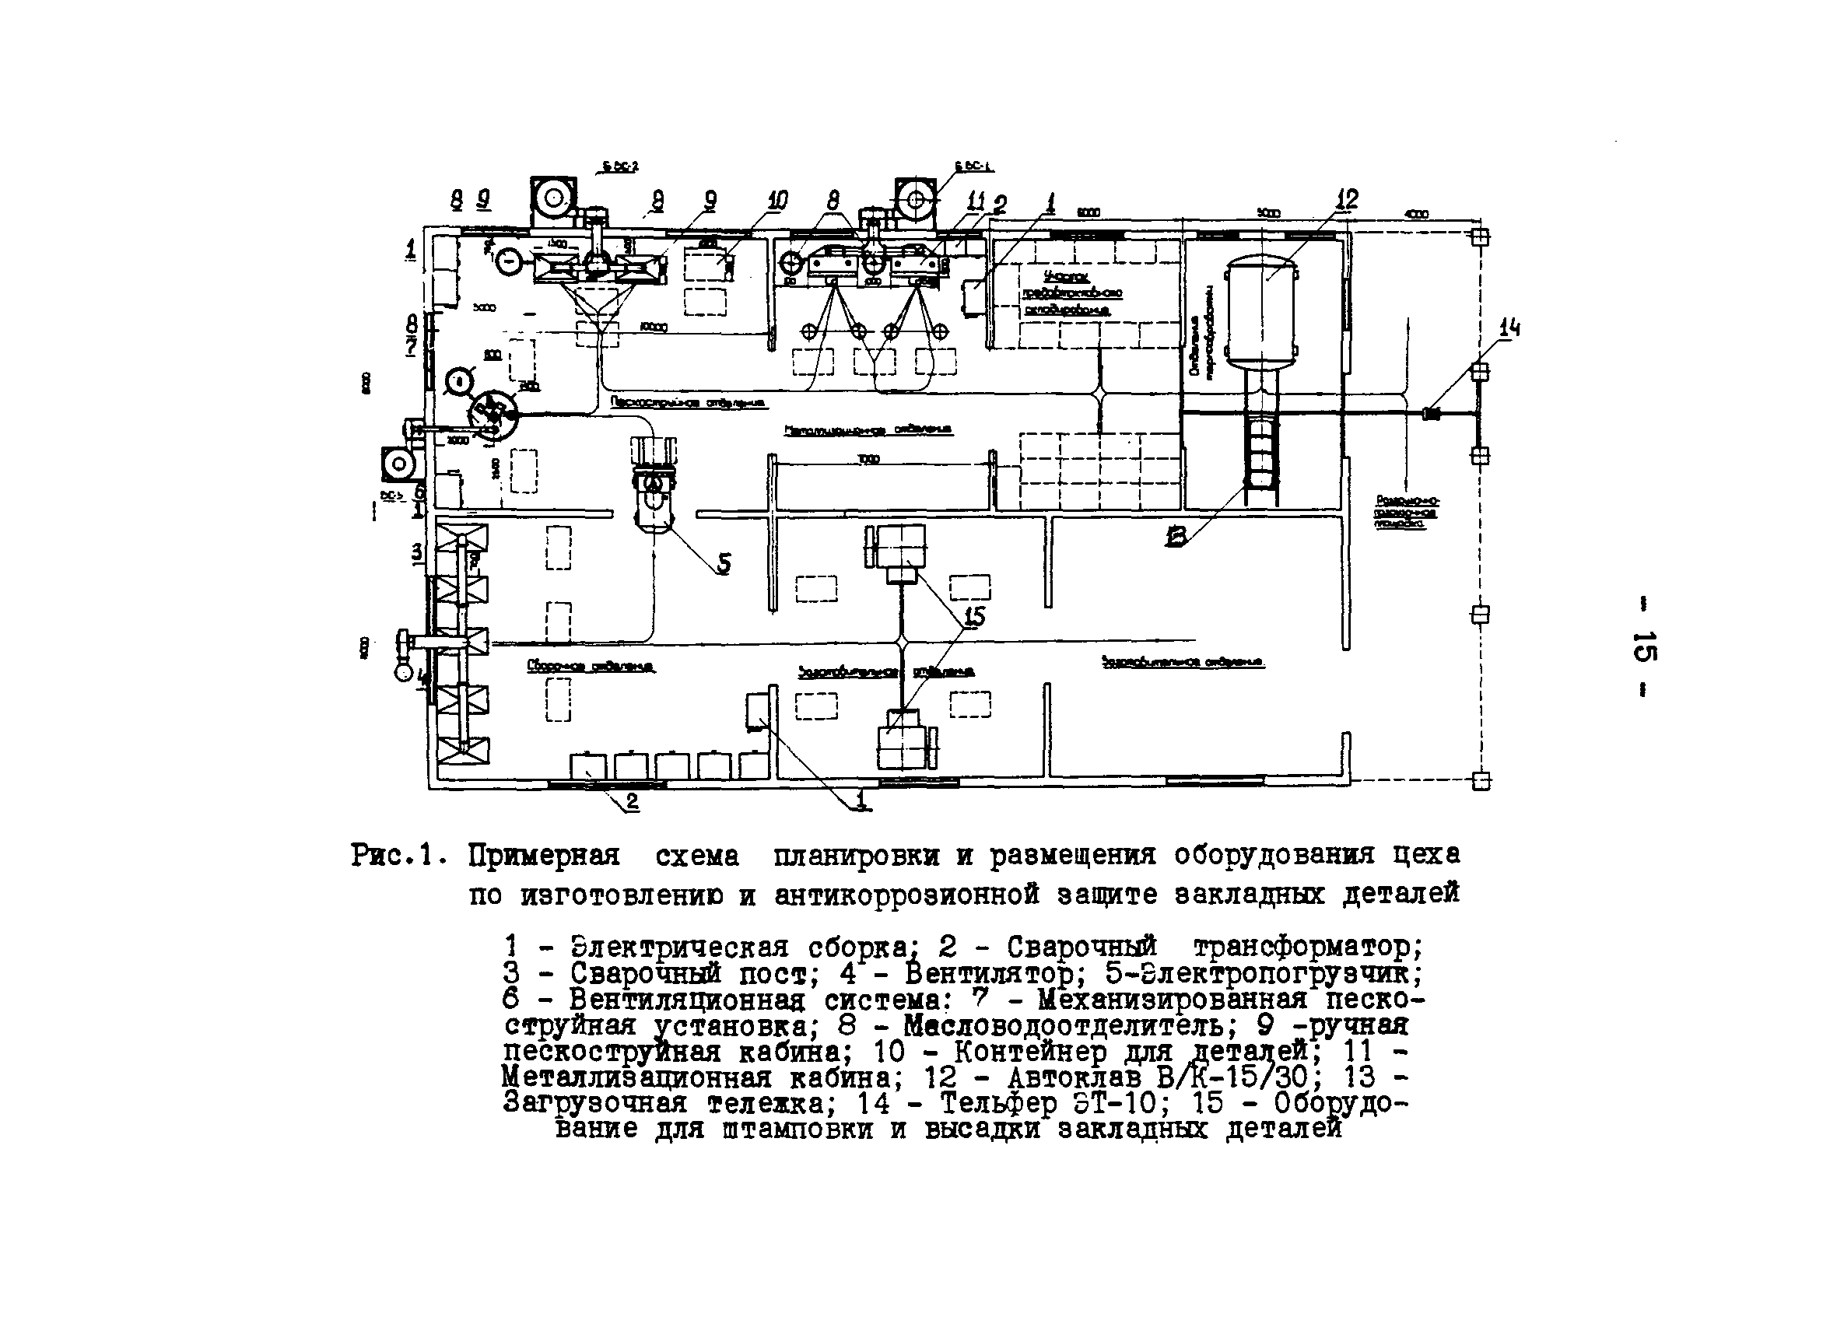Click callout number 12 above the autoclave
tap(1347, 198)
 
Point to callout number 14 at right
tap(1509, 328)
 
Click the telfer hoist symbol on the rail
tap(1431, 413)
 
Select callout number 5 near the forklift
tap(724, 564)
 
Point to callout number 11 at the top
tap(975, 200)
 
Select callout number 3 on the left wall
tap(416, 552)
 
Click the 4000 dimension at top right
tap(1417, 214)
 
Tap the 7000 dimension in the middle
tap(869, 459)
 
